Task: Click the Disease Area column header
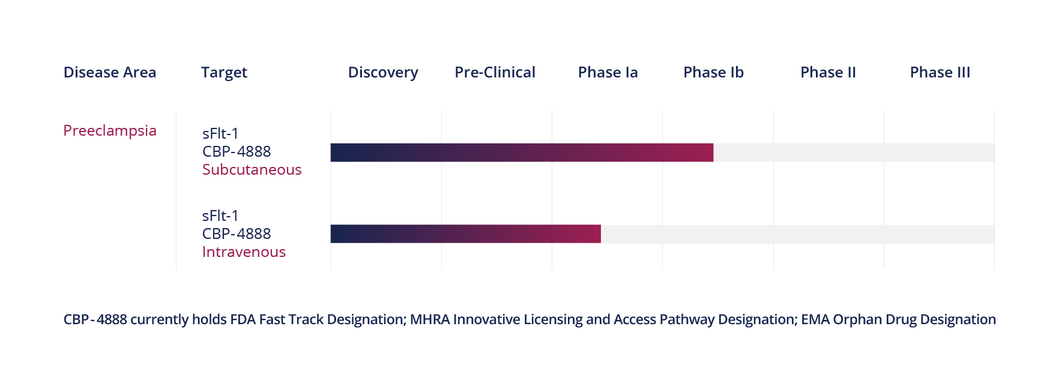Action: click(x=110, y=73)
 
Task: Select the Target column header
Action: click(x=224, y=73)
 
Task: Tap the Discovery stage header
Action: click(x=383, y=73)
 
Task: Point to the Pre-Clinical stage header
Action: click(x=495, y=73)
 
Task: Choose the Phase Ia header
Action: click(x=608, y=73)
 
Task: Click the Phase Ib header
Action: click(x=713, y=73)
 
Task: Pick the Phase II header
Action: click(x=828, y=73)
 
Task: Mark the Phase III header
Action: click(x=940, y=73)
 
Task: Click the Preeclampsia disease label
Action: click(x=110, y=131)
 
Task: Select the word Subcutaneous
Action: click(x=252, y=170)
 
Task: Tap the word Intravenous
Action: click(x=244, y=252)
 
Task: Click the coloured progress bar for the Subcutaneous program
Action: click(x=521, y=152)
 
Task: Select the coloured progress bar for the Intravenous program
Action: click(x=465, y=234)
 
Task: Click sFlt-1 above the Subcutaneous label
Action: click(x=220, y=133)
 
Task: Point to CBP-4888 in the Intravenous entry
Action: click(x=237, y=234)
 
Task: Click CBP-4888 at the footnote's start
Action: click(x=95, y=319)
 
